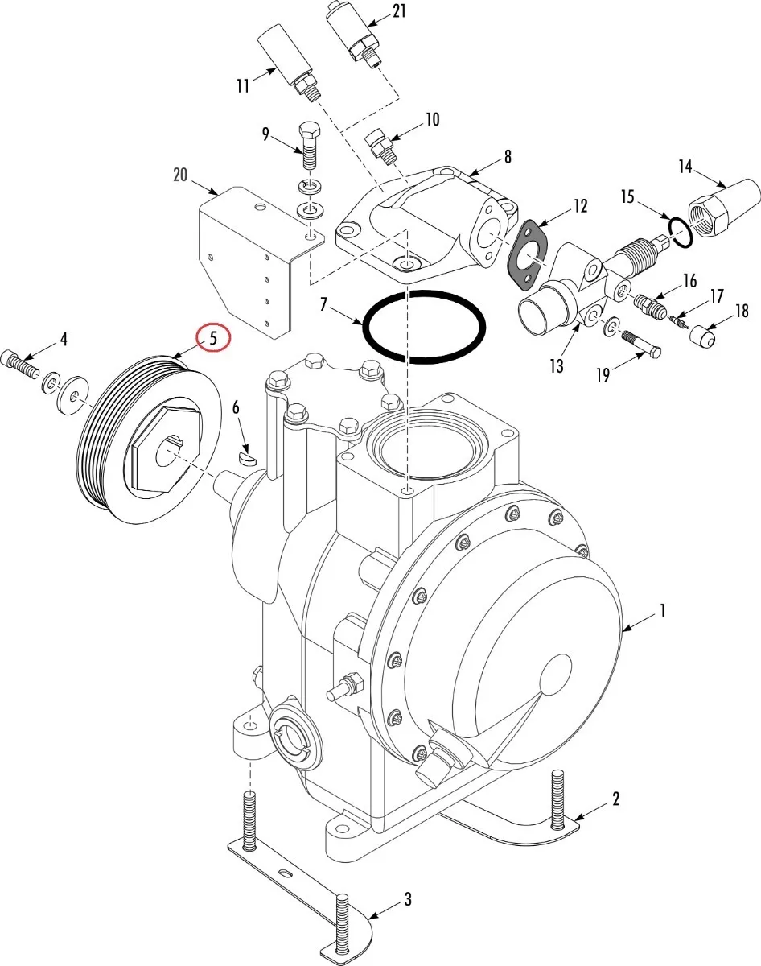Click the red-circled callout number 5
coord(214,338)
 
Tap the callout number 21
coord(399,12)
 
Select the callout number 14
coord(685,167)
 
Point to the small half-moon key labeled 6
coord(247,458)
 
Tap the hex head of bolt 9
coord(309,130)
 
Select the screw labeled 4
coord(20,362)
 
